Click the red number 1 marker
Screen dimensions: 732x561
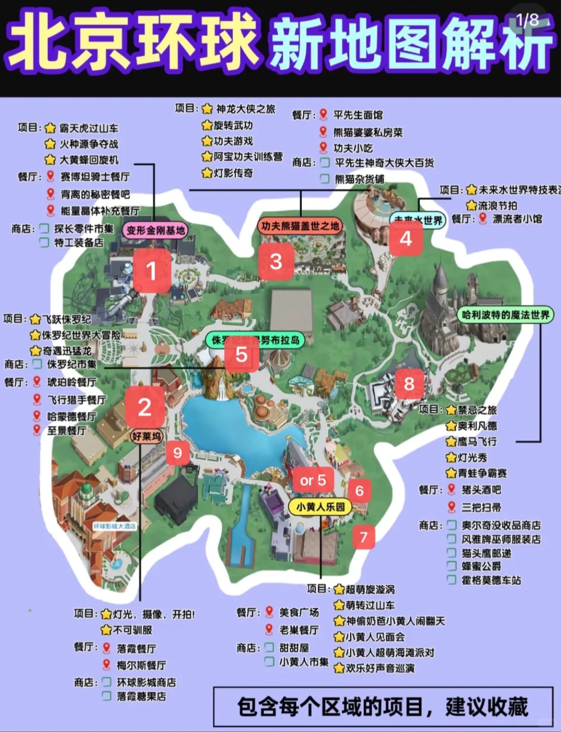click(151, 270)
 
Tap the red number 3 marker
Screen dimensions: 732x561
click(276, 261)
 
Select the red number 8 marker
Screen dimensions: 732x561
click(409, 383)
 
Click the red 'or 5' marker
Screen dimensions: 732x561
click(313, 481)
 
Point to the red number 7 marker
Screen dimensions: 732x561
click(364, 537)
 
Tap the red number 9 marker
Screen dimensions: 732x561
click(178, 453)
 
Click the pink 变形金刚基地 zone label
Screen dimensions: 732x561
click(155, 230)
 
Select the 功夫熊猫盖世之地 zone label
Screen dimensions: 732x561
click(300, 225)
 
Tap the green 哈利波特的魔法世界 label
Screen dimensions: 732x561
click(505, 314)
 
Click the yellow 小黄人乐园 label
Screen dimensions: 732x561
click(320, 507)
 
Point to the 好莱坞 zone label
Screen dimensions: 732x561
click(146, 436)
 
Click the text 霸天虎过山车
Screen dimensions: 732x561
click(88, 128)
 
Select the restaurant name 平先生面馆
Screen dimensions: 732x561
click(358, 115)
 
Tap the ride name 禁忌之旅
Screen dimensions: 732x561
click(477, 410)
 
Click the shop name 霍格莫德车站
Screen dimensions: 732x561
click(491, 580)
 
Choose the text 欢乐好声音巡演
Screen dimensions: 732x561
click(380, 668)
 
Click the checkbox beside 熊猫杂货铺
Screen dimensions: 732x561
click(325, 179)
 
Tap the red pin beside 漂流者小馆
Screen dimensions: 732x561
click(483, 219)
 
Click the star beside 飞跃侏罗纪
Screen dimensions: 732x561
click(35, 319)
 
